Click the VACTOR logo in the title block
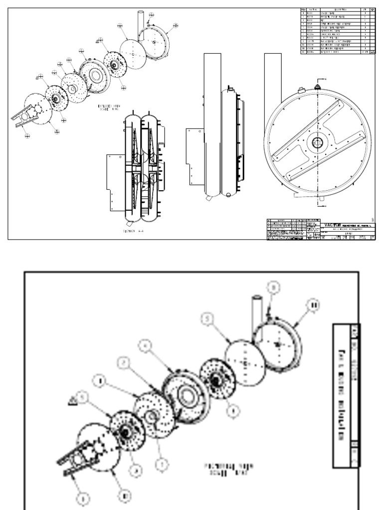[x=333, y=224]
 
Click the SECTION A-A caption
[x=135, y=231]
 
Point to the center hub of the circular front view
[x=317, y=143]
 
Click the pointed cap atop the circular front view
[x=317, y=86]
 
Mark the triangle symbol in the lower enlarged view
[x=73, y=399]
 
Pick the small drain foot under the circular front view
[x=322, y=199]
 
